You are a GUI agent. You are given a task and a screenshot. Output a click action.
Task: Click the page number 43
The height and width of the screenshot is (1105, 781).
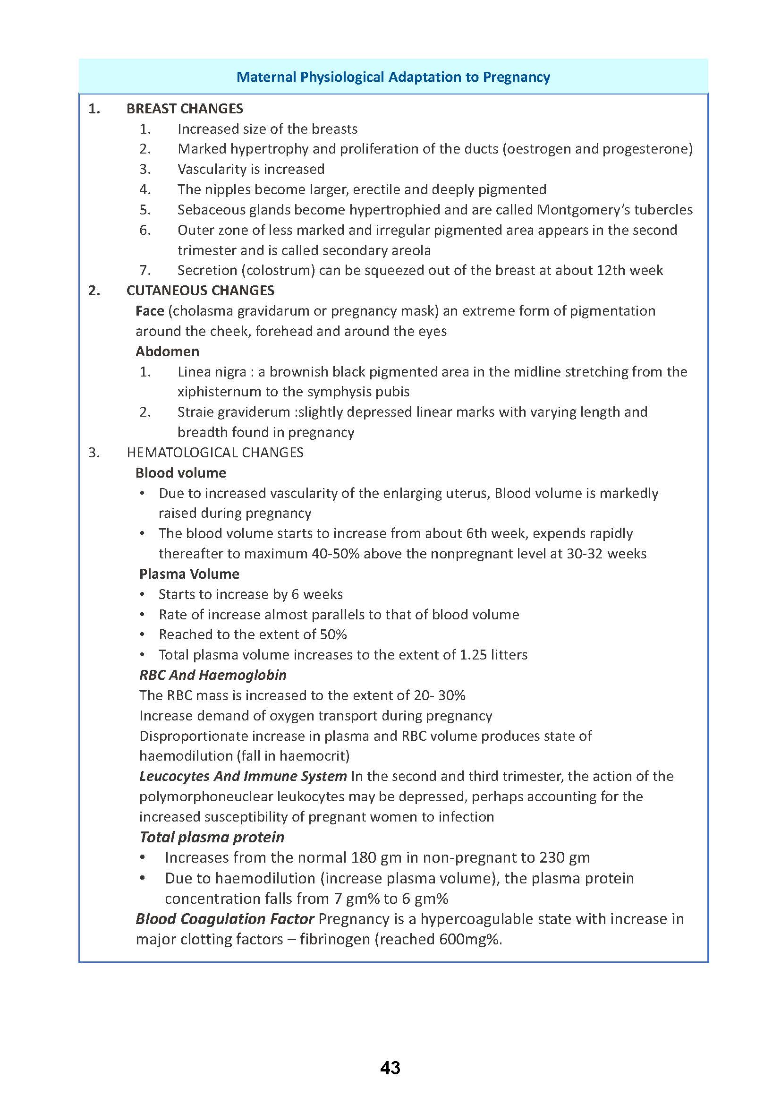(x=390, y=1068)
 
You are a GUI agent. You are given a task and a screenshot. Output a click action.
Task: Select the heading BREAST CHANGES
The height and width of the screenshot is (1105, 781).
(x=185, y=109)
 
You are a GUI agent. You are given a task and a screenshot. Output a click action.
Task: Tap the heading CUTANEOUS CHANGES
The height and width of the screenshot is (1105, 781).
(x=200, y=291)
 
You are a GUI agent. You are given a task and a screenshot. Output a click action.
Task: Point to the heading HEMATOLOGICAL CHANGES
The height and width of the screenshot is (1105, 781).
(x=215, y=453)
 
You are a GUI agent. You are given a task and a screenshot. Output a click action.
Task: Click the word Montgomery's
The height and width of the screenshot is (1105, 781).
(x=583, y=210)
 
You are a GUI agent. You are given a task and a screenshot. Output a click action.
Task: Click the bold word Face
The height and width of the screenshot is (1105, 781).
(x=150, y=311)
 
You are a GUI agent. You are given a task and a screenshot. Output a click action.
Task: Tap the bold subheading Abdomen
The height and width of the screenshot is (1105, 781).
(x=167, y=351)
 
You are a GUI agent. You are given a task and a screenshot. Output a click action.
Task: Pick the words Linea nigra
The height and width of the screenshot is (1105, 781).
(x=212, y=371)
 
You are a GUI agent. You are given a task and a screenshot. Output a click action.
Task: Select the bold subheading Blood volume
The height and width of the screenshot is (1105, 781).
(x=180, y=472)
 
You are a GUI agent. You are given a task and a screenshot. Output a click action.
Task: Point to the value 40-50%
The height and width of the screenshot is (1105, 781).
(x=335, y=554)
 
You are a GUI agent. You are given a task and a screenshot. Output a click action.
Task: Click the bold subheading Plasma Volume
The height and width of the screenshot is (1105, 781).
(x=189, y=574)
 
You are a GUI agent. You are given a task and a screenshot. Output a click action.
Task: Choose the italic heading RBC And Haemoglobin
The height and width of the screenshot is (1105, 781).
(x=212, y=675)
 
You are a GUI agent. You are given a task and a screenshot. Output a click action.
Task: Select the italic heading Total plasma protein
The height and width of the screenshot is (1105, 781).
(x=212, y=837)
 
